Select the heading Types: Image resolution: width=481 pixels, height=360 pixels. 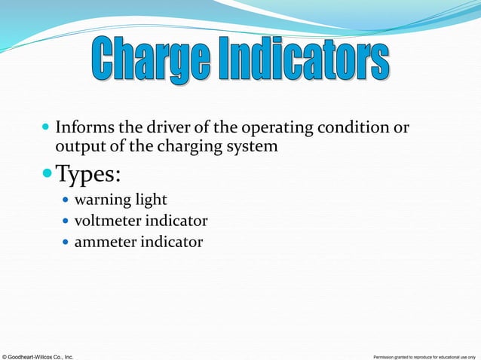click(x=89, y=176)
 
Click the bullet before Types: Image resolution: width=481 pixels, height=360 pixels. click(x=46, y=175)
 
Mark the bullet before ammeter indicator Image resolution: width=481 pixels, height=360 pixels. click(x=65, y=243)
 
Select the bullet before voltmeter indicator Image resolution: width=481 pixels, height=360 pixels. click(x=65, y=221)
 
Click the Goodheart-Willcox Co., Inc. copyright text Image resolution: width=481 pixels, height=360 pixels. click(x=38, y=355)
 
